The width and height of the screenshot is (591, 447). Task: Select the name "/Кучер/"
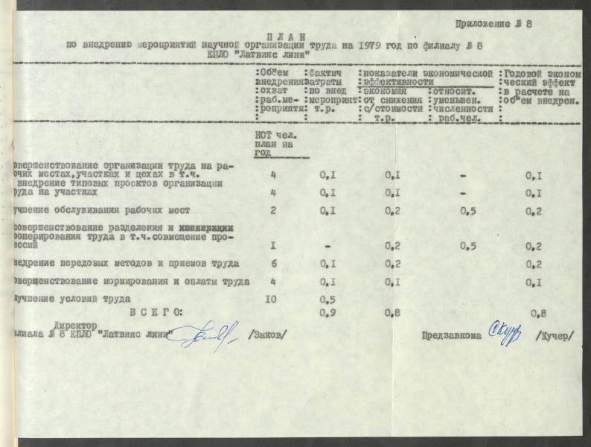click(x=555, y=335)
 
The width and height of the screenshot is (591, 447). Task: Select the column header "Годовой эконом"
click(x=543, y=74)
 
